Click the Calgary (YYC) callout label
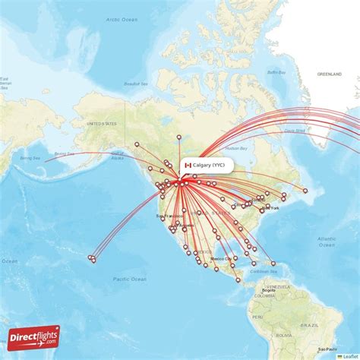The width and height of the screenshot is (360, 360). click(207, 166)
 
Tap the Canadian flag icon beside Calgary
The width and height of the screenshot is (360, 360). click(188, 166)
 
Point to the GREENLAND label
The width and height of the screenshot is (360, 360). click(330, 74)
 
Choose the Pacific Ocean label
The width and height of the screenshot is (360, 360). click(128, 279)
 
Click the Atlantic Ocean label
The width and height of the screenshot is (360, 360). click(326, 242)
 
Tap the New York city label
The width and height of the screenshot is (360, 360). click(272, 207)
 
